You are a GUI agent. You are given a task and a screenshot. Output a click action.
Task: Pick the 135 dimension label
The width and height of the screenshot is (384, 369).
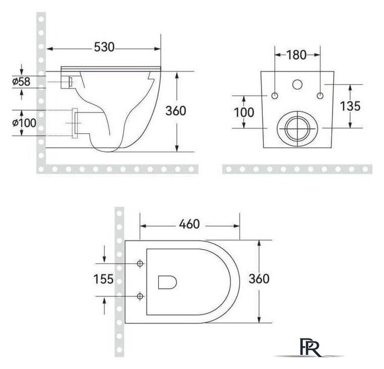click(351, 106)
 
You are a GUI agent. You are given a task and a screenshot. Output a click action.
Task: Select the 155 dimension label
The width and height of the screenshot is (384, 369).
click(104, 280)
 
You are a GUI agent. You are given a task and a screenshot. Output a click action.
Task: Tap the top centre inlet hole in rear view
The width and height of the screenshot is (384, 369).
click(297, 84)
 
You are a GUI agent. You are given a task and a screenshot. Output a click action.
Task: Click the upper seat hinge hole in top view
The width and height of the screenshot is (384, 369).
click(140, 263)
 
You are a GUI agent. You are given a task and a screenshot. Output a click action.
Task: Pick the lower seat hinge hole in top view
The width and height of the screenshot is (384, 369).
click(140, 296)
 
